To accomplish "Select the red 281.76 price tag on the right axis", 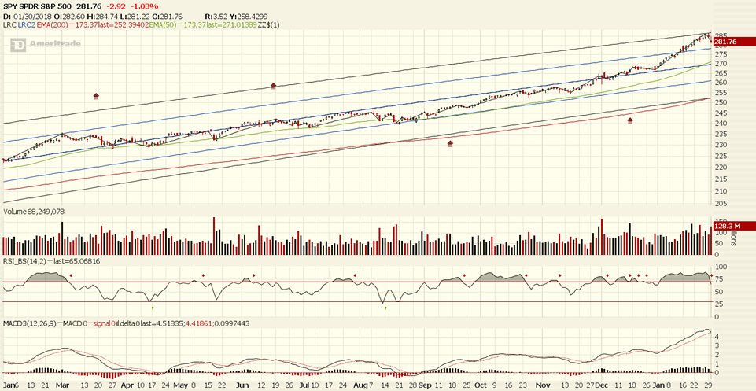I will click(724, 42).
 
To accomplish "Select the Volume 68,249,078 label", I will click(35, 212).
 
